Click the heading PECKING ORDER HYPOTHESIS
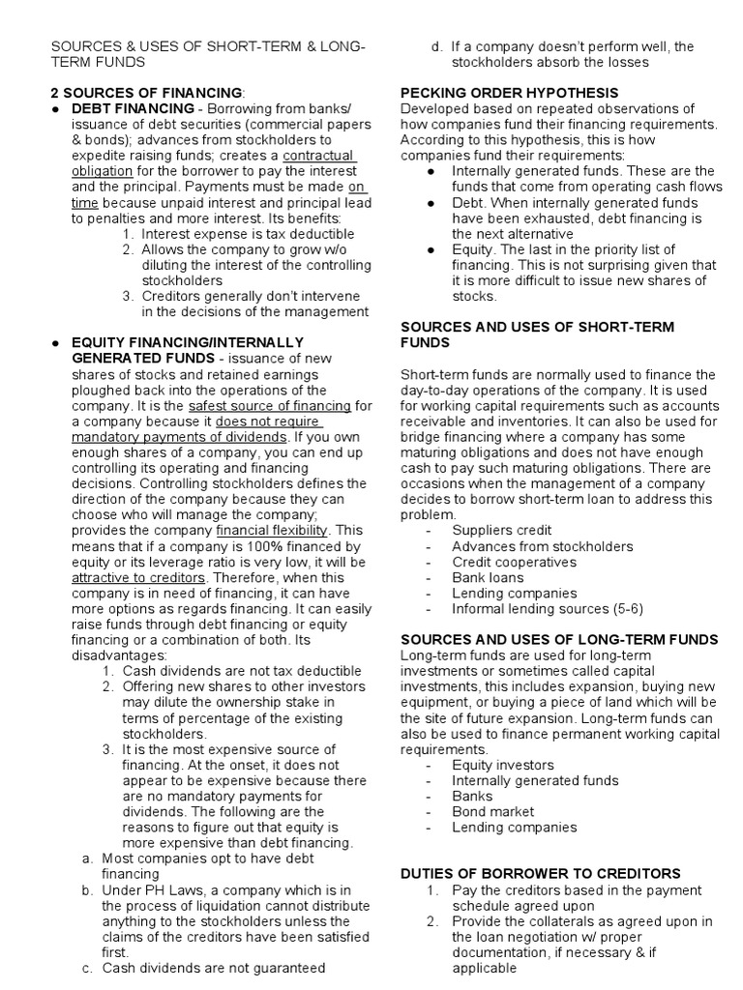(x=502, y=93)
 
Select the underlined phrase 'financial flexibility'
(x=273, y=531)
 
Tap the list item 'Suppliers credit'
(x=502, y=531)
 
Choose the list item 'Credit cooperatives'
(x=514, y=562)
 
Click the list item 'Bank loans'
(x=487, y=577)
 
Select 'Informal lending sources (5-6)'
(x=547, y=609)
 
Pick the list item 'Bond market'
(x=492, y=811)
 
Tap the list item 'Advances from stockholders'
(x=543, y=546)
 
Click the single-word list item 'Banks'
(x=472, y=796)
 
